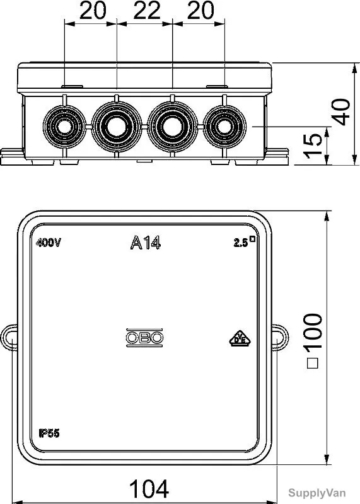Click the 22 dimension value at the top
coord(147,10)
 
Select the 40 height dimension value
coord(341,112)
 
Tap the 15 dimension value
coord(313,146)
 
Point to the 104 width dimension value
coord(149,489)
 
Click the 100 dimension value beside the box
coord(313,341)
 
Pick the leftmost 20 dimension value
coord(93,10)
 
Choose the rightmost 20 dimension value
coord(200,10)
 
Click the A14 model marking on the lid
coord(146,243)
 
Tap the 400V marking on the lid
coord(49,243)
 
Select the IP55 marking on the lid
coord(49,433)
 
